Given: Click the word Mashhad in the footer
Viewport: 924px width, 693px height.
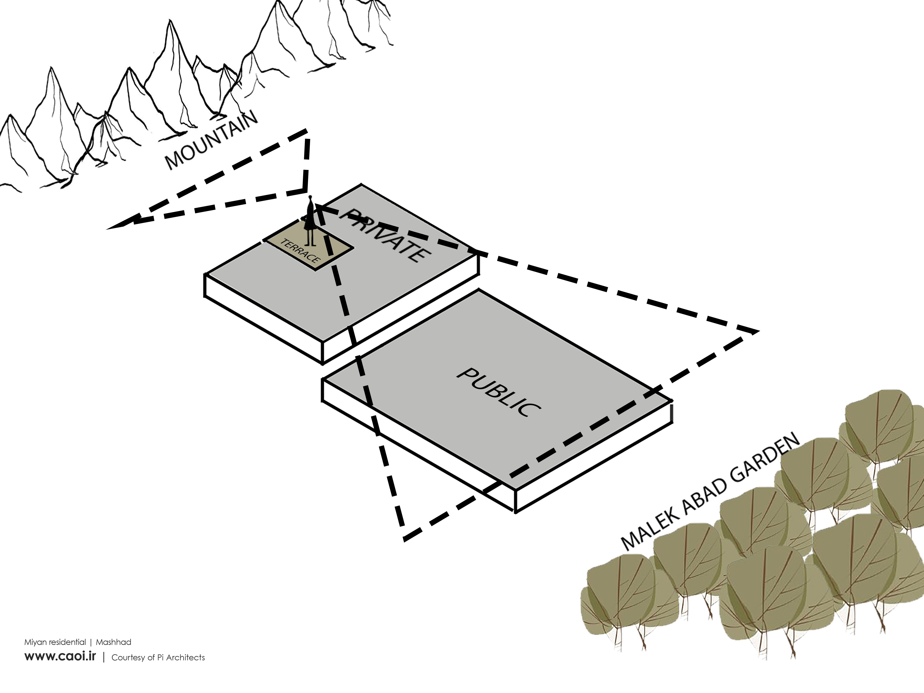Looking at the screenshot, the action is click(114, 642).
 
